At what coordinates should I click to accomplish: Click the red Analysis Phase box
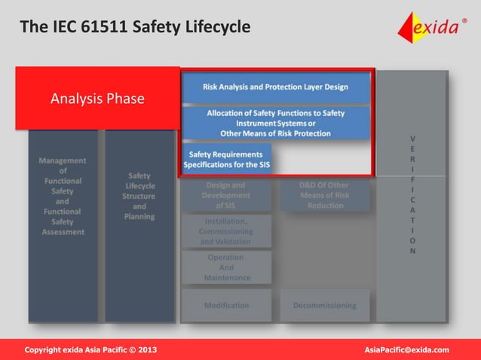click(x=97, y=99)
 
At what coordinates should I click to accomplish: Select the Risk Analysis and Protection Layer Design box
click(x=275, y=87)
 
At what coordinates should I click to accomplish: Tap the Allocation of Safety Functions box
click(x=275, y=123)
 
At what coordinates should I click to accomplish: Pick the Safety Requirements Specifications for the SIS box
click(x=227, y=159)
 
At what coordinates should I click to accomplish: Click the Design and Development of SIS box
click(x=225, y=195)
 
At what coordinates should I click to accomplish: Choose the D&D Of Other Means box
click(x=325, y=195)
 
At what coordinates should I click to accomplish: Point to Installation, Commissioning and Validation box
click(x=225, y=231)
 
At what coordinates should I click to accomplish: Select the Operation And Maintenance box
click(x=225, y=267)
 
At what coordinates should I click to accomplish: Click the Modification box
click(x=225, y=305)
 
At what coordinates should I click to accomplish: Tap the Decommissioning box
click(x=325, y=305)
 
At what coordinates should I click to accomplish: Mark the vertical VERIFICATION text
click(x=412, y=195)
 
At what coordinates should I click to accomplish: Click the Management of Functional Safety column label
click(x=63, y=196)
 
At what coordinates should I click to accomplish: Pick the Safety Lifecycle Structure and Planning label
click(x=139, y=196)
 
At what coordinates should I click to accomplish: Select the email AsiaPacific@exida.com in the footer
click(x=406, y=350)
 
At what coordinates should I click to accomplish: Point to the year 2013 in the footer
click(x=147, y=350)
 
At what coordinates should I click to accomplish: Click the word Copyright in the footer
click(x=44, y=350)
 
